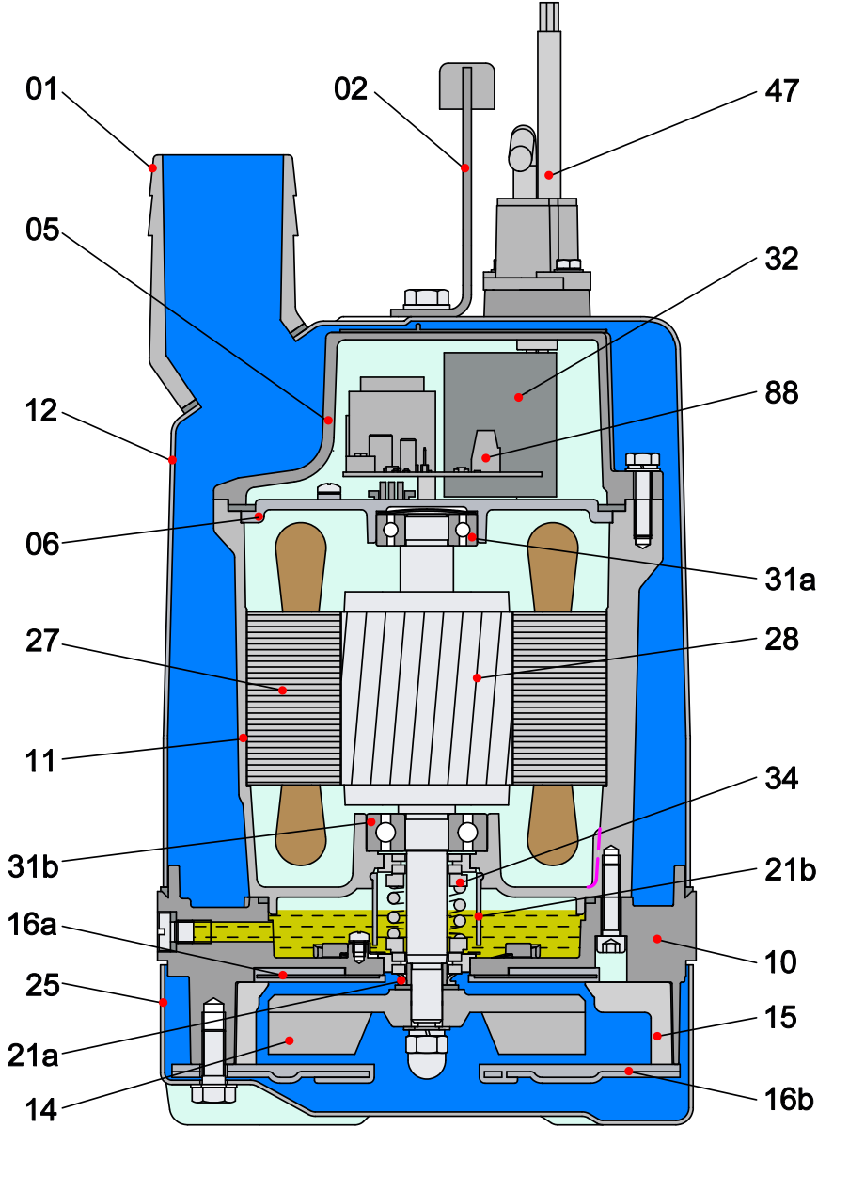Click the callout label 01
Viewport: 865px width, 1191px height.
(x=41, y=88)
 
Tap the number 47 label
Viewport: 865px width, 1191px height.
(x=781, y=91)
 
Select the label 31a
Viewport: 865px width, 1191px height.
(x=790, y=579)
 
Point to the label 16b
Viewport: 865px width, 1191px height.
(x=789, y=1099)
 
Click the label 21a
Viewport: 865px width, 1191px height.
(x=32, y=1056)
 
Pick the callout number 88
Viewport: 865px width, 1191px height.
(x=781, y=393)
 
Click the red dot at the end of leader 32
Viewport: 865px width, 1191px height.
(x=519, y=397)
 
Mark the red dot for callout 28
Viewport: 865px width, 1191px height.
(x=477, y=678)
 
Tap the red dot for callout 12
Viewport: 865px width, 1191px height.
(x=172, y=459)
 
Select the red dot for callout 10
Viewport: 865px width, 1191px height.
(x=657, y=939)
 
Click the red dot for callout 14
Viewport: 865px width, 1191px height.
(x=289, y=1040)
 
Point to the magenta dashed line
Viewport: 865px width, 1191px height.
(x=595, y=858)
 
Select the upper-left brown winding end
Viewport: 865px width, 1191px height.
(x=301, y=566)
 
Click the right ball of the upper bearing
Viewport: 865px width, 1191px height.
(x=463, y=530)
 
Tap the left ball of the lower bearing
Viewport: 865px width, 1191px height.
(x=385, y=833)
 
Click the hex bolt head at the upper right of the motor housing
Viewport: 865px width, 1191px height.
(x=642, y=460)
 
